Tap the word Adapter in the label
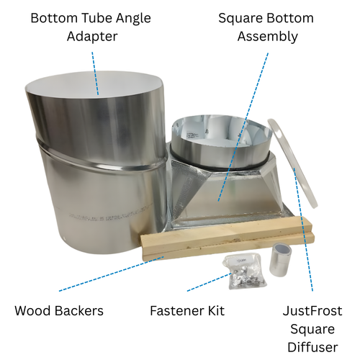(x=92, y=37)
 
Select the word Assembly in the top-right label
(x=268, y=37)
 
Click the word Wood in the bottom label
(x=33, y=311)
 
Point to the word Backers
(x=79, y=311)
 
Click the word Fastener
(x=178, y=311)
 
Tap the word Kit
(x=217, y=311)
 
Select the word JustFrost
(x=312, y=311)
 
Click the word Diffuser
(x=312, y=347)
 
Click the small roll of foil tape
(x=280, y=259)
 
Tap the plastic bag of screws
(x=244, y=271)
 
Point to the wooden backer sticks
(x=228, y=238)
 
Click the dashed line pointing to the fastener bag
(x=210, y=282)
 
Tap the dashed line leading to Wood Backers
(x=112, y=274)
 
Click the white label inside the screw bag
(x=240, y=260)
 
